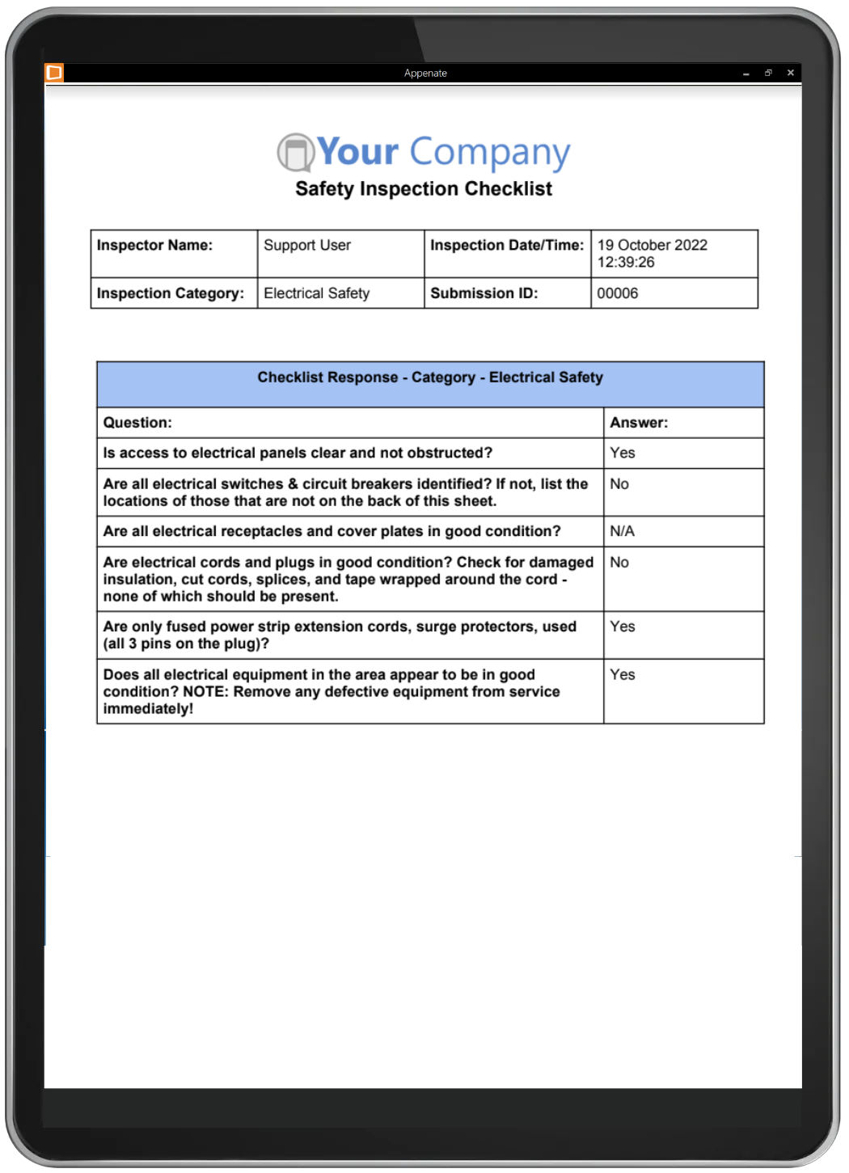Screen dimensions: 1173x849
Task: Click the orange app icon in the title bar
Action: (54, 73)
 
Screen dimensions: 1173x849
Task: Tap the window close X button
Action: (790, 73)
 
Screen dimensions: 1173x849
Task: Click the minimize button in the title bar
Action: (746, 74)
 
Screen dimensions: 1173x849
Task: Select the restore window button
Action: (768, 73)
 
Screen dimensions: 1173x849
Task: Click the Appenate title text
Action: (425, 73)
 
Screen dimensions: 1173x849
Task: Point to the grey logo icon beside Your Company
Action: (295, 153)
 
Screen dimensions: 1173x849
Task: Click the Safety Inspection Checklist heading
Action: (424, 188)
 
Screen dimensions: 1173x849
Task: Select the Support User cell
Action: (307, 245)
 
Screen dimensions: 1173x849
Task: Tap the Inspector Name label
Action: (154, 245)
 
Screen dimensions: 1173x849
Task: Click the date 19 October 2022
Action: (652, 245)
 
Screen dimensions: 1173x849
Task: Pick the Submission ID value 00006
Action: (618, 293)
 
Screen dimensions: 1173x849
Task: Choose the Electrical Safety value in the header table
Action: (316, 293)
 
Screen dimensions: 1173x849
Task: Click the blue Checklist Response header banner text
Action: (430, 378)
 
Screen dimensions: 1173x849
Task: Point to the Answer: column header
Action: (639, 423)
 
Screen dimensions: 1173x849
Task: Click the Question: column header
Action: (137, 423)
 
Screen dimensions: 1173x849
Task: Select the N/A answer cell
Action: (622, 531)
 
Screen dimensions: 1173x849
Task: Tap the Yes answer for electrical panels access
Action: (623, 453)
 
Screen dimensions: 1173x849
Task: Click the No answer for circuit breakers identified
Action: (619, 484)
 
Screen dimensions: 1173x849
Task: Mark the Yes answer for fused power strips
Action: (623, 627)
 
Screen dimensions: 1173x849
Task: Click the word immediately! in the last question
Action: (148, 709)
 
